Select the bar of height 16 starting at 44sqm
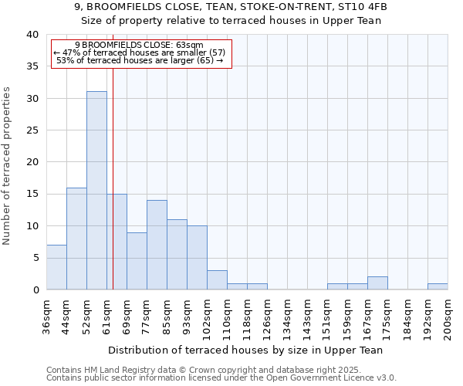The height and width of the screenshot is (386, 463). [x=76, y=239]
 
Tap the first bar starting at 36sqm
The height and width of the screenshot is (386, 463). [x=56, y=267]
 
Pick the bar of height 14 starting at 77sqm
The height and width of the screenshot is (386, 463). [x=157, y=245]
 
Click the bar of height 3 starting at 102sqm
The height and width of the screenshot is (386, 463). [x=217, y=279]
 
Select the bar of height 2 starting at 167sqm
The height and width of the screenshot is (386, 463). [x=377, y=283]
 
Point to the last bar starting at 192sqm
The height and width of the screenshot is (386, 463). [x=438, y=286]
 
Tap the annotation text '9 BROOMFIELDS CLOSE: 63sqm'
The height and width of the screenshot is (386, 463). [x=140, y=46]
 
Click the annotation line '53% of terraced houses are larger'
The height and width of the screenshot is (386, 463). [x=140, y=60]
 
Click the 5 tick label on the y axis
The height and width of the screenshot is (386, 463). [x=35, y=258]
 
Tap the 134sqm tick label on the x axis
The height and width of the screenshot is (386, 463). [x=288, y=316]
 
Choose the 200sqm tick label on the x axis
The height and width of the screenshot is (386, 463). [x=448, y=316]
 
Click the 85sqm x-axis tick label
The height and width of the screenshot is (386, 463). [x=167, y=314]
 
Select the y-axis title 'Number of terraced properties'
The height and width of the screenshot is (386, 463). [x=7, y=165]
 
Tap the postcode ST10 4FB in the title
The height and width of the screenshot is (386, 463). [x=364, y=6]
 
